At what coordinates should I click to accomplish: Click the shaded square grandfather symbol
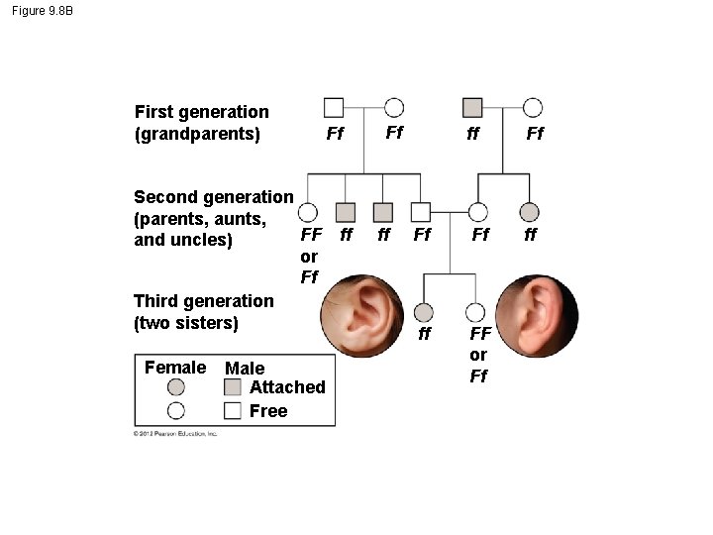472,107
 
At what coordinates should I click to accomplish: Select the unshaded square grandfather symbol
334,107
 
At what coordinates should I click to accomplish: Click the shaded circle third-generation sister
424,312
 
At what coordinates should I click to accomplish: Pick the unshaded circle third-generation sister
477,312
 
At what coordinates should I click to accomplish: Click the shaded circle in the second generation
530,211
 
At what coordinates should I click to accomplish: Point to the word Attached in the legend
287,387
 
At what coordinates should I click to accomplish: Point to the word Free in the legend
268,410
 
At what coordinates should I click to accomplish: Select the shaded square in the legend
234,387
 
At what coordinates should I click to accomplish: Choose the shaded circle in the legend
176,387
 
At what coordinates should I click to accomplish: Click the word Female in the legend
175,368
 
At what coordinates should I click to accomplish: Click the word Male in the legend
245,369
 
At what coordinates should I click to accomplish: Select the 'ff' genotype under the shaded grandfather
473,133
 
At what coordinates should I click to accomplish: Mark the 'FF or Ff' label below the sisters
478,355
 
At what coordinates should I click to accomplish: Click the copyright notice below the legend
176,434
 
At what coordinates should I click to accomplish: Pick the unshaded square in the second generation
421,211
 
